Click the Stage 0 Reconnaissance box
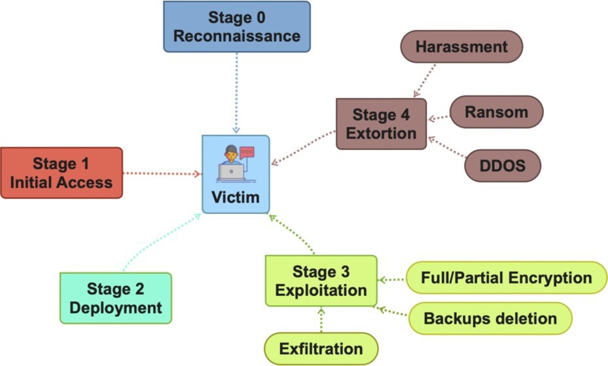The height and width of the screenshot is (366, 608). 236,26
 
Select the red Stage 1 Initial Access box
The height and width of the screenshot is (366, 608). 62,172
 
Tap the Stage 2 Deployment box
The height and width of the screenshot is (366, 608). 115,298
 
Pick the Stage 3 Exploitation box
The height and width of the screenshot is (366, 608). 321,280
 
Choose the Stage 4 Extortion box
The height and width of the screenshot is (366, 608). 381,124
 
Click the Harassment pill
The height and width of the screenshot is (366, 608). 461,47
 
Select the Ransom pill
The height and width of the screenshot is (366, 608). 496,112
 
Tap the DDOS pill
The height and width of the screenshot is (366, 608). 503,166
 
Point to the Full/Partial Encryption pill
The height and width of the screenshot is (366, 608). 507,278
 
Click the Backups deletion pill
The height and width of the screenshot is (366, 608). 490,319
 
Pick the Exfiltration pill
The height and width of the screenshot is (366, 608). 321,348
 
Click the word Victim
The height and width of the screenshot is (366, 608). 236,197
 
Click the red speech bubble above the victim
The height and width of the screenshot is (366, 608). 247,152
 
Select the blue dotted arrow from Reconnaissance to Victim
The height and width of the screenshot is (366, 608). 236,92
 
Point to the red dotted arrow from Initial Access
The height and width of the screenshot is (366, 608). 162,174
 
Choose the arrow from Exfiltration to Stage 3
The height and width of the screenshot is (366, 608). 321,320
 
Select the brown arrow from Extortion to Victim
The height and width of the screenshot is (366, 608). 304,147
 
